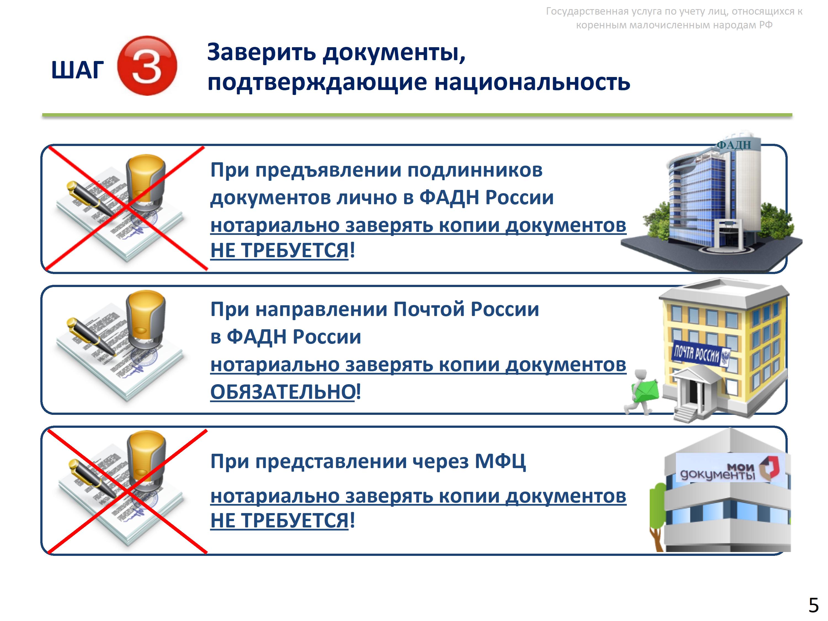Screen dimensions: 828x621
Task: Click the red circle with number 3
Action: point(147,66)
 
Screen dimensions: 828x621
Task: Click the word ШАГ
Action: point(78,70)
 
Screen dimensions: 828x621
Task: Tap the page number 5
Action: point(813,605)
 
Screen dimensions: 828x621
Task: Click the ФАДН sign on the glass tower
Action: point(734,145)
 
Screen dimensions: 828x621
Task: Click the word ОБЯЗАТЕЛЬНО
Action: point(283,392)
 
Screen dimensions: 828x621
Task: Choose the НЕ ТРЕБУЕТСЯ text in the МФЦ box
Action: point(280,520)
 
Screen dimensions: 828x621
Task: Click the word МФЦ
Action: point(500,461)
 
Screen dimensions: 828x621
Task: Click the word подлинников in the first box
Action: point(475,170)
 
